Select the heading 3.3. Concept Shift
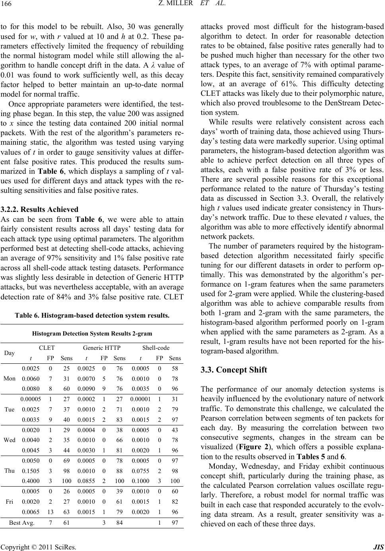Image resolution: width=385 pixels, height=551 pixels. click(228, 370)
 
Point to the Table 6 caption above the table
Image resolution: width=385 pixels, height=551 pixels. click(92, 305)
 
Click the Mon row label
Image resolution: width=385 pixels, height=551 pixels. click(10, 378)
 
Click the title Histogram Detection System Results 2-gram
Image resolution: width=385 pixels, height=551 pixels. click(92, 333)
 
